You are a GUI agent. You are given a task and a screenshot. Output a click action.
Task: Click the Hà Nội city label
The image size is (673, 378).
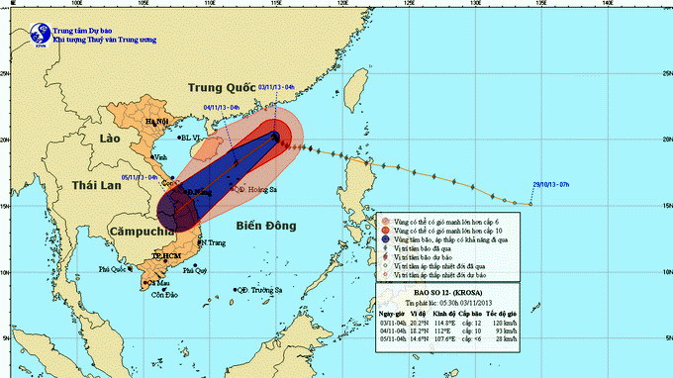(x=157, y=121)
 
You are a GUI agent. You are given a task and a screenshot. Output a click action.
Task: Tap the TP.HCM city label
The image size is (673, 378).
(x=170, y=255)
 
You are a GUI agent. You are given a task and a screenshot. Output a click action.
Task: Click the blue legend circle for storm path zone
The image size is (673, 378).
(x=387, y=238)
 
